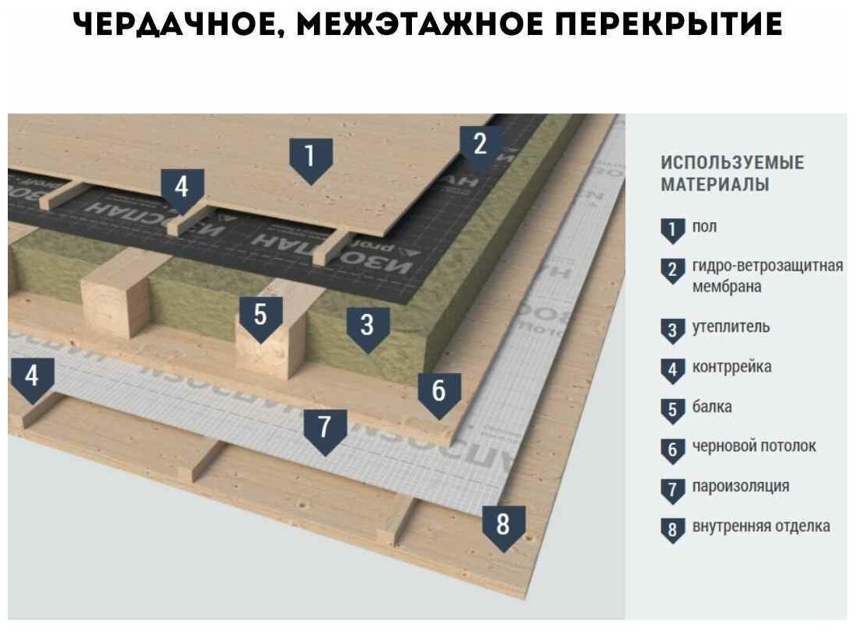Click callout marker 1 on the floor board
coord(310,159)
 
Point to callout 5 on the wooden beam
coord(260,317)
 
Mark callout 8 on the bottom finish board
coord(503,526)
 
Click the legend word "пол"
coord(704,227)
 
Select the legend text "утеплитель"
coord(731,326)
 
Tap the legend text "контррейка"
coord(731,367)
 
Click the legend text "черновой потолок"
coord(753,446)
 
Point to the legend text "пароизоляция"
coord(740,487)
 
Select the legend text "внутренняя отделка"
coord(760,526)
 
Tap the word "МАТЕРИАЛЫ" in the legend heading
coord(714,185)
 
